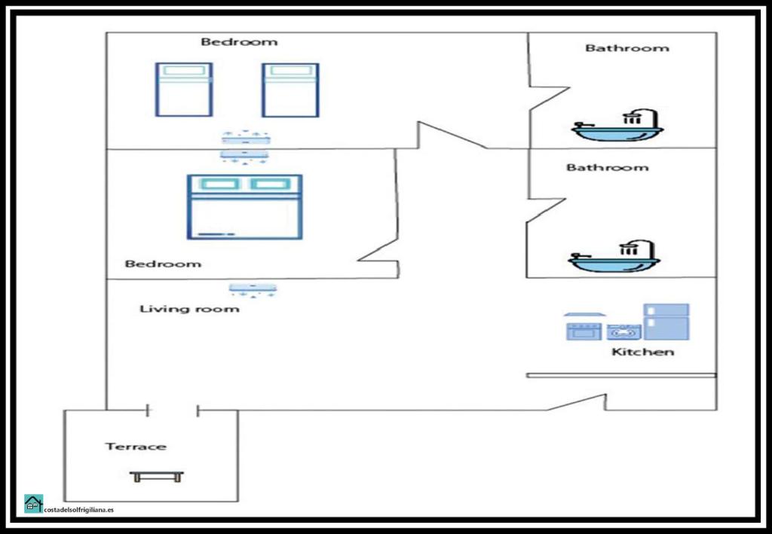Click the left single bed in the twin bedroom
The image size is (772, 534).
[x=184, y=90]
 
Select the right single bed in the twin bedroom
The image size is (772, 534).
[x=290, y=90]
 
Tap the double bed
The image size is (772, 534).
[x=245, y=206]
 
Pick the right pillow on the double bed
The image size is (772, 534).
[x=269, y=184]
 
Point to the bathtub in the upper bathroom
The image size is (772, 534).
[x=617, y=125]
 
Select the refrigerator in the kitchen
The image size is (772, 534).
[x=666, y=322]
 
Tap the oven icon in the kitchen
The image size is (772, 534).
[x=584, y=331]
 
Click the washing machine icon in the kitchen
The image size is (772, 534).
[x=623, y=331]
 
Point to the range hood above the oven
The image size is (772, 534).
[x=585, y=314]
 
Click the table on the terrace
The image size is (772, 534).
[x=157, y=477]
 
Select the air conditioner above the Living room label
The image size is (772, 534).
[x=253, y=290]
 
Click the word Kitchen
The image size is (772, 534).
[x=642, y=352]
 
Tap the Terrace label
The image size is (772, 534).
[x=136, y=447]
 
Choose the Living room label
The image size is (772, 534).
[x=189, y=309]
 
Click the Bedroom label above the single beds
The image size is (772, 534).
[x=239, y=41]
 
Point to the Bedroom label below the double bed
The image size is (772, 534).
[x=163, y=264]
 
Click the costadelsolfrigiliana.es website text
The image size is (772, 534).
[x=78, y=510]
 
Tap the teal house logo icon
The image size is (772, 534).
[x=33, y=504]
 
